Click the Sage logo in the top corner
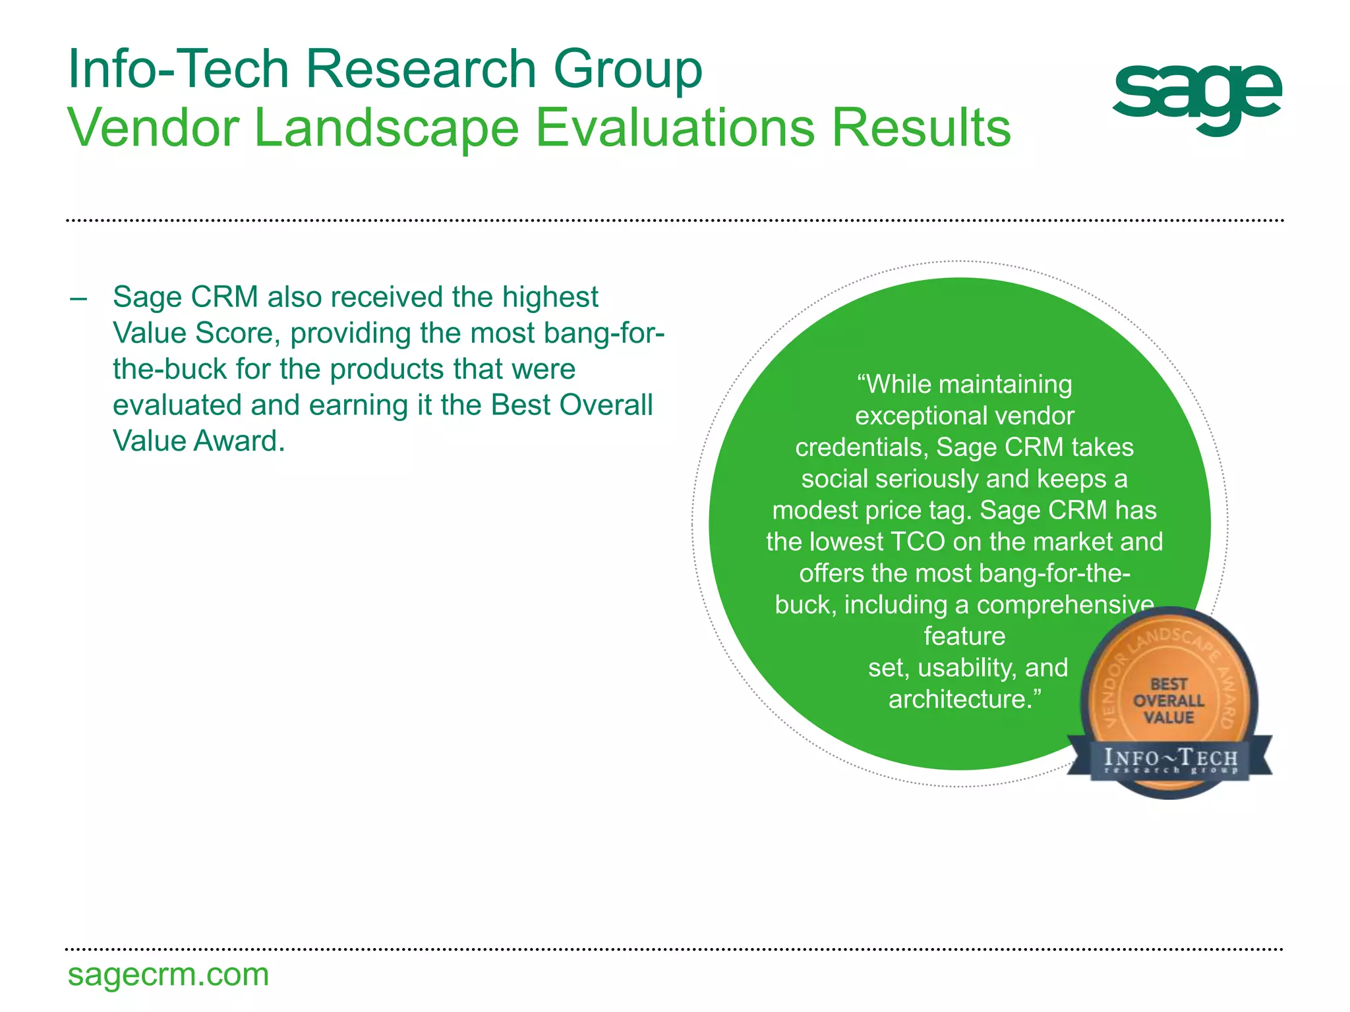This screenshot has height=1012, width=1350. (1196, 99)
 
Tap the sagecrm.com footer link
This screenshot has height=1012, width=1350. (168, 975)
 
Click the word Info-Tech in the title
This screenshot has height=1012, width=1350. (179, 69)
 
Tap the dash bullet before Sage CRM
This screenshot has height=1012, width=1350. (78, 298)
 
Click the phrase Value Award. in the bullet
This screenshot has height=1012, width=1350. (198, 441)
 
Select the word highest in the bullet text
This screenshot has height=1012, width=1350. (550, 298)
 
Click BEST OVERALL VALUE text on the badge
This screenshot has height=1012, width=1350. (1168, 701)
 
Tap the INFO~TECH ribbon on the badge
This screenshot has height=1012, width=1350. (1171, 759)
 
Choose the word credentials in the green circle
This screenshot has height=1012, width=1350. (862, 447)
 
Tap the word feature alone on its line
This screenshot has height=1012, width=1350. (964, 636)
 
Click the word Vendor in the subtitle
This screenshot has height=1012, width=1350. (153, 128)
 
